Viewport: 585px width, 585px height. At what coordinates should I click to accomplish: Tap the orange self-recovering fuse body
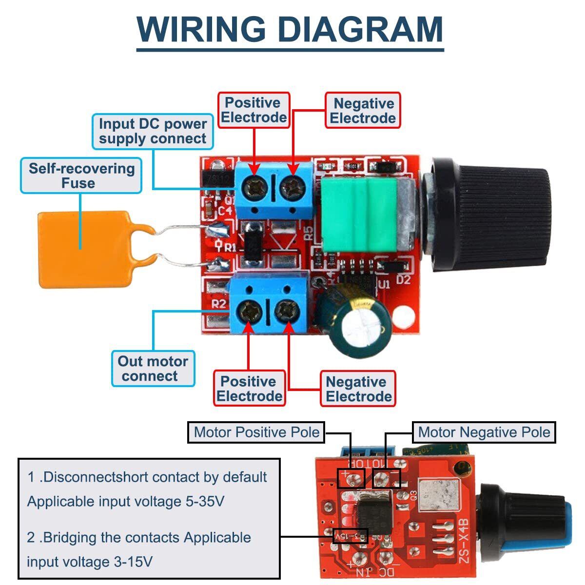click(x=83, y=249)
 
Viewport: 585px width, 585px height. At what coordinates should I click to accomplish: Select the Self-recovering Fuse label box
click(x=81, y=175)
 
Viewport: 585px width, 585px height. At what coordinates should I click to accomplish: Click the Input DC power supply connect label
click(x=153, y=131)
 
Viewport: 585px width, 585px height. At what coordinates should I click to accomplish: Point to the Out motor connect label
click(x=153, y=369)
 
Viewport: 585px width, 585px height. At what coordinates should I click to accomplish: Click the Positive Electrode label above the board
click(x=253, y=110)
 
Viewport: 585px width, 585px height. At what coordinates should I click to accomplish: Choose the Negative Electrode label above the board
click(x=363, y=111)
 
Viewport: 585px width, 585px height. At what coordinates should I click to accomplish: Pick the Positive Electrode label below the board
click(x=249, y=389)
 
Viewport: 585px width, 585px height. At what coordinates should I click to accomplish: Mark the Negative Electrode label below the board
click(x=358, y=389)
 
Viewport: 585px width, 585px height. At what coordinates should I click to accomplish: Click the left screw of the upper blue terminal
click(x=254, y=186)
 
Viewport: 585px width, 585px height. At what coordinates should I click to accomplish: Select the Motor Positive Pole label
click(x=256, y=432)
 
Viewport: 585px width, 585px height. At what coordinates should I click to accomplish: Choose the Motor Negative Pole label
click(x=484, y=432)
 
